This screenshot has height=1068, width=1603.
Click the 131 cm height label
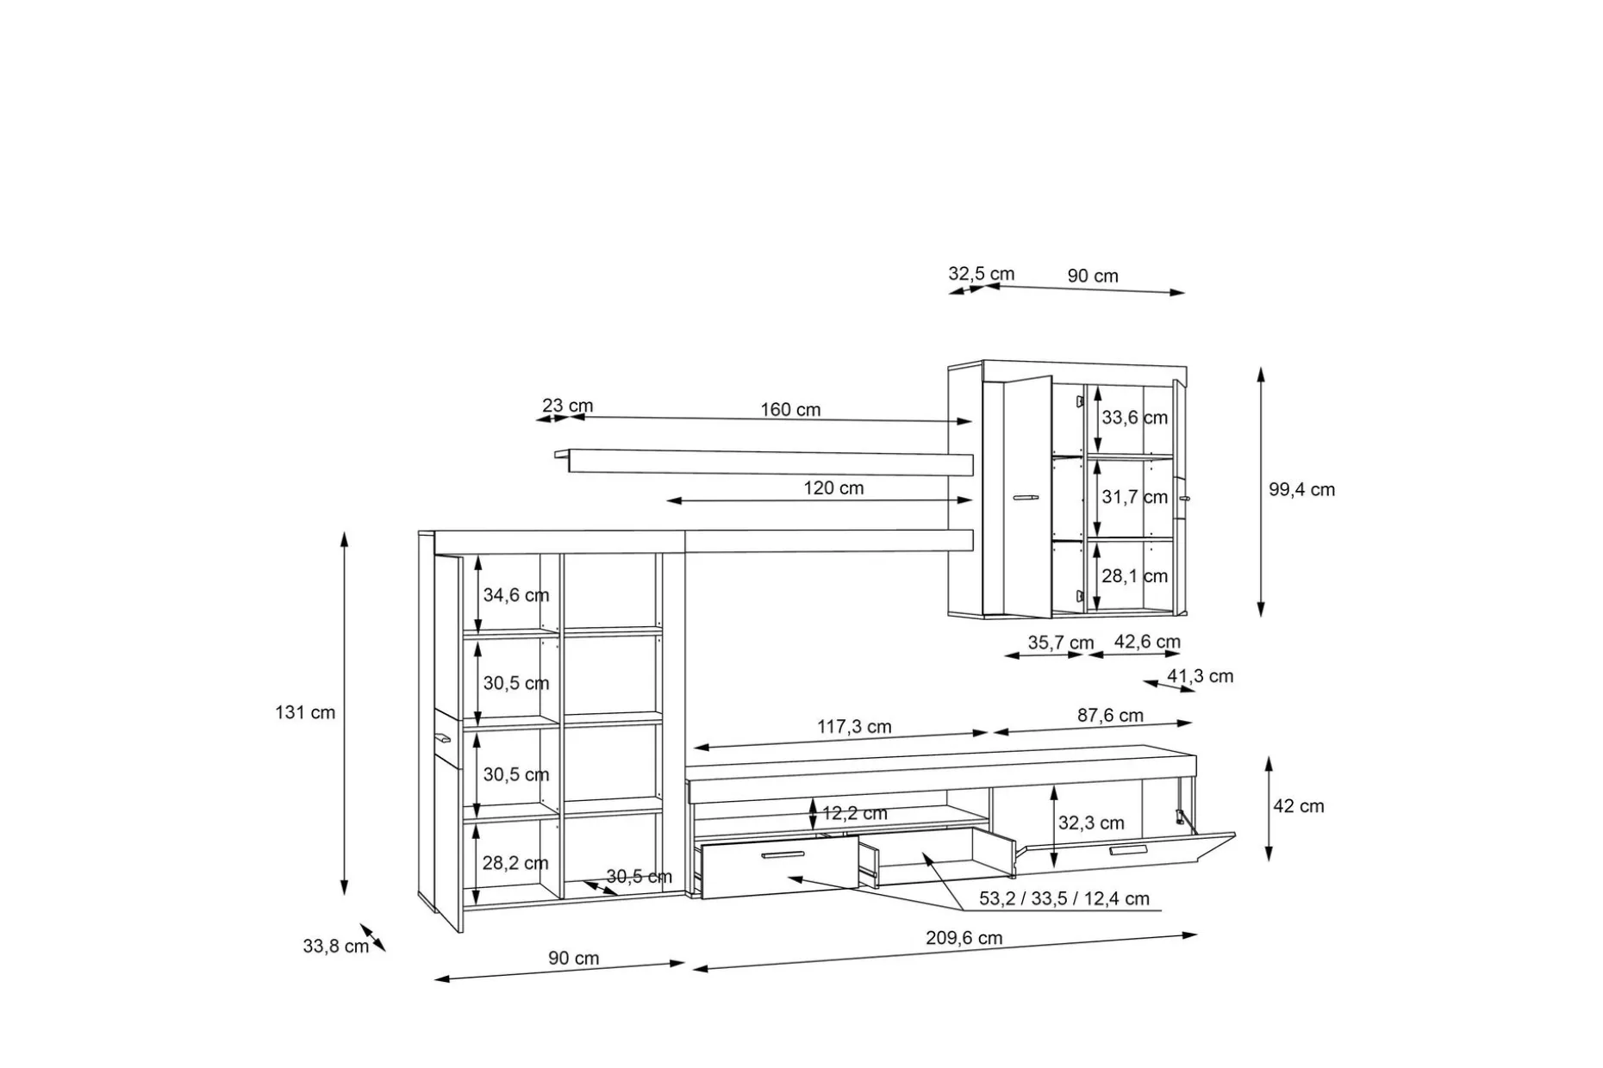(305, 713)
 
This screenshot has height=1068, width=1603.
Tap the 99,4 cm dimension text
(1301, 490)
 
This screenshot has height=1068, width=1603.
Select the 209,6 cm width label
(964, 938)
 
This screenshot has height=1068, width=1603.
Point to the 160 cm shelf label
(790, 410)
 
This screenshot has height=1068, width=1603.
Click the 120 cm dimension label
(833, 488)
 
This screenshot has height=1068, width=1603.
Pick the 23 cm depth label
(567, 406)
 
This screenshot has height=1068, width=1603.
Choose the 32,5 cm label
(982, 274)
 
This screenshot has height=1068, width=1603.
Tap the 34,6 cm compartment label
(515, 595)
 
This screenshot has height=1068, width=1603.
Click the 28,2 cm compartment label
(515, 863)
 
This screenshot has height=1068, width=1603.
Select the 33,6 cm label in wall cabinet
(1134, 418)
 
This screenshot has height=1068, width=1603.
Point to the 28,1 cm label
(1134, 576)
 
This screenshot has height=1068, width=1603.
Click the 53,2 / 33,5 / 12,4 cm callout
(1064, 899)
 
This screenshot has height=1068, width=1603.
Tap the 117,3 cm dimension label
(854, 727)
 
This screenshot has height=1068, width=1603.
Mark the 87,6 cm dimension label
(1110, 716)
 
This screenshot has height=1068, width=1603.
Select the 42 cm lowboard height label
(1299, 807)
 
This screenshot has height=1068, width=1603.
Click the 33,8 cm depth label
(335, 947)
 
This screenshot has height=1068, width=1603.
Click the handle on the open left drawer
(783, 855)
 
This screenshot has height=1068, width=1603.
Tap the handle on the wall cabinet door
(1026, 497)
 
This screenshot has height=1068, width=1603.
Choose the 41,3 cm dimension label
(1200, 677)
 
